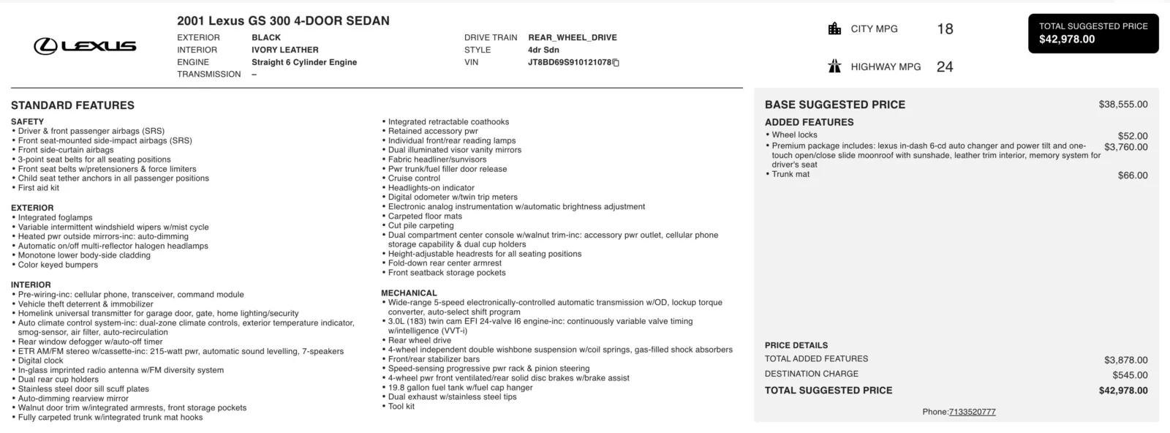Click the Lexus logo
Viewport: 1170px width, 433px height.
pyautogui.click(x=85, y=46)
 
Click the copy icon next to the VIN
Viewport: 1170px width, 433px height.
pyautogui.click(x=616, y=63)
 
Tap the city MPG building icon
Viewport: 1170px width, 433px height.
pyautogui.click(x=834, y=29)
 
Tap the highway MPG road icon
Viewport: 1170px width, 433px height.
pyautogui.click(x=834, y=67)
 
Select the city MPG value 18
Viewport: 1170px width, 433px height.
pyautogui.click(x=945, y=29)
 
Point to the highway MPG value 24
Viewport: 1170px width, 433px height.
pyautogui.click(x=945, y=67)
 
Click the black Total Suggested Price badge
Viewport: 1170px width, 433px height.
pyautogui.click(x=1093, y=33)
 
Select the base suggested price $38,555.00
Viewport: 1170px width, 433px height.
pyautogui.click(x=1122, y=105)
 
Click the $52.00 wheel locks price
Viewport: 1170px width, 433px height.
pyautogui.click(x=1133, y=136)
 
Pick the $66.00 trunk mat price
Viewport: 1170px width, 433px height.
pyautogui.click(x=1133, y=176)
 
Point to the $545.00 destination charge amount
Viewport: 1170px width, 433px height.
pyautogui.click(x=1130, y=375)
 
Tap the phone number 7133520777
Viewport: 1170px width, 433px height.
pyautogui.click(x=972, y=412)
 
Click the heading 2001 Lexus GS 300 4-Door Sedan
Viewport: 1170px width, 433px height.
pyautogui.click(x=283, y=21)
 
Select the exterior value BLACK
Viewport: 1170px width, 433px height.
pyautogui.click(x=266, y=37)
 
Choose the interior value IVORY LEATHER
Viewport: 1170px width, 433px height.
pyautogui.click(x=285, y=50)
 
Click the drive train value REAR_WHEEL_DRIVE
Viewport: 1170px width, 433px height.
pyautogui.click(x=573, y=37)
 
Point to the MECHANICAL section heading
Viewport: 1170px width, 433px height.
pyautogui.click(x=409, y=293)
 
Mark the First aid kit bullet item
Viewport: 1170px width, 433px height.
pyautogui.click(x=38, y=188)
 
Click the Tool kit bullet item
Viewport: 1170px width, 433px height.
pyautogui.click(x=401, y=407)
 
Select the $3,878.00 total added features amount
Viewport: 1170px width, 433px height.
pyautogui.click(x=1125, y=360)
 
